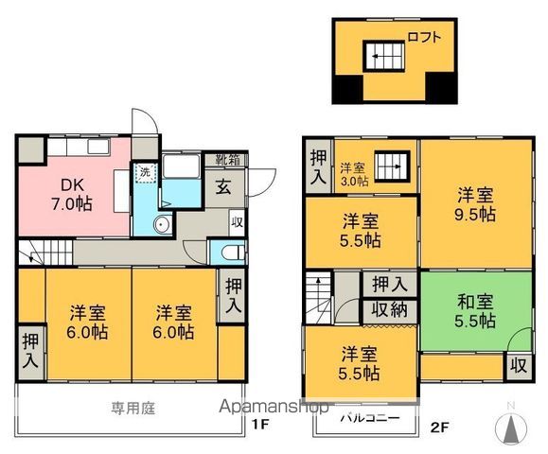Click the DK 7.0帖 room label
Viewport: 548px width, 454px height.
(x=71, y=193)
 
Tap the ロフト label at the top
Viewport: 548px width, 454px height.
(x=422, y=39)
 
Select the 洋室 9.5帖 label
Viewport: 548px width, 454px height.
(x=474, y=204)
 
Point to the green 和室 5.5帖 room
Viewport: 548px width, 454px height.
(x=473, y=311)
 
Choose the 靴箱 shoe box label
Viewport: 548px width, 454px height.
(x=226, y=159)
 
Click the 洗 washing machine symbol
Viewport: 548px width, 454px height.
(x=144, y=173)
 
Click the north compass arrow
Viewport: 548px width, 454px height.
(x=512, y=428)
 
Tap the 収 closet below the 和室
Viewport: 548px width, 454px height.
(x=518, y=364)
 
